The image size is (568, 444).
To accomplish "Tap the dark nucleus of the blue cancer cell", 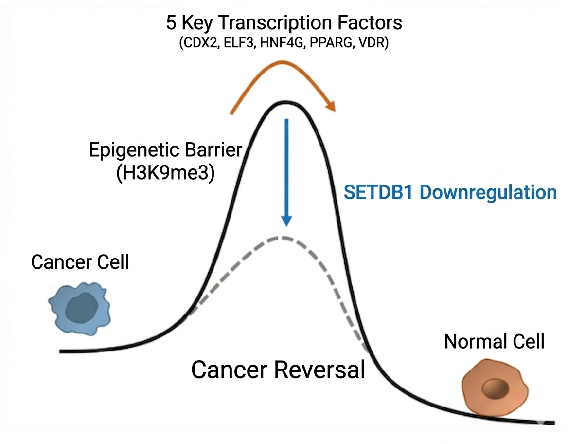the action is (81, 309).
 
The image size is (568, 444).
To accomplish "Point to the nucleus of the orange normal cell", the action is (495, 389).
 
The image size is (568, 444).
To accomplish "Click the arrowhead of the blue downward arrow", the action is (286, 221).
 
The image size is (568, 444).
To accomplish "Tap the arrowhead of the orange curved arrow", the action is (331, 106).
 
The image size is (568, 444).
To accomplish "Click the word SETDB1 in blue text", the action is (378, 192).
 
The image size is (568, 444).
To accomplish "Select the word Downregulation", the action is (488, 192).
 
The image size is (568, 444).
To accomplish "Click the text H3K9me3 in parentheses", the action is (165, 173).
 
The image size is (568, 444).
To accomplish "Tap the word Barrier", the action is (213, 150).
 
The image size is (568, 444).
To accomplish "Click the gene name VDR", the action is (373, 43).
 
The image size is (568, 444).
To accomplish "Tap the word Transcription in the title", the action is (276, 23).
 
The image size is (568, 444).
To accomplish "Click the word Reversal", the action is (319, 370).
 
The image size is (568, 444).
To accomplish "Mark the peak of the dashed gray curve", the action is (281, 237).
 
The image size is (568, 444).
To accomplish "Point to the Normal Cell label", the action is (495, 342).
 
